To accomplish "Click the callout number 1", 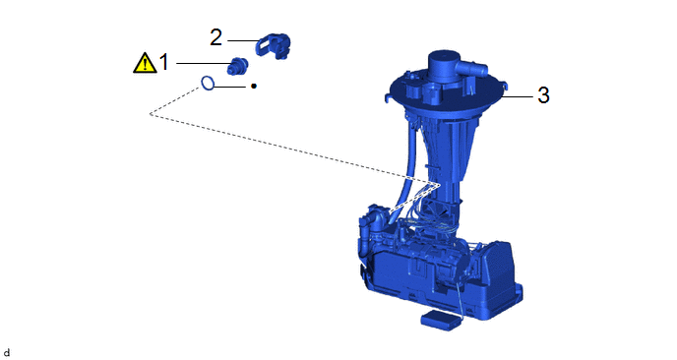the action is tap(163, 63).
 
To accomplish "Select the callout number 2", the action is tap(215, 37).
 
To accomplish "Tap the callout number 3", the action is tap(543, 95).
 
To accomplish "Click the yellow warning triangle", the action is tap(145, 63).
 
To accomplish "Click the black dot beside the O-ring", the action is tap(254, 87).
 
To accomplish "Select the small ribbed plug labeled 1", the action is tap(237, 66).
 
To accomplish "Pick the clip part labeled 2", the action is tap(273, 45).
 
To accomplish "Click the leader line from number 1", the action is tap(203, 64).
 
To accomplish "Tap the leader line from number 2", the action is tap(243, 41).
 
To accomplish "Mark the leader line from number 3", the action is tap(518, 96).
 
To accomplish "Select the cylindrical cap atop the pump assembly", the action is tap(443, 66).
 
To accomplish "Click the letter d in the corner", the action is tap(7, 353).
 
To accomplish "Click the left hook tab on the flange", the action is tap(388, 98).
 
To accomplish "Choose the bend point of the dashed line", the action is tap(150, 114).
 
